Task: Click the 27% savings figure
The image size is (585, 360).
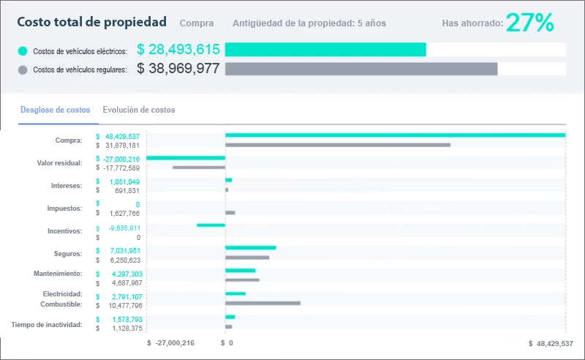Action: point(529,23)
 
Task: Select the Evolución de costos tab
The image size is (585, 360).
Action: point(139,110)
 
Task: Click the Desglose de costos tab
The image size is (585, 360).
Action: point(56,110)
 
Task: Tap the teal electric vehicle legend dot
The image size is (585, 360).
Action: point(23,51)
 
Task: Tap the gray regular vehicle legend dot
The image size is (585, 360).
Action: point(23,70)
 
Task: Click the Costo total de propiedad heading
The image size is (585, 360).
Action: point(91,23)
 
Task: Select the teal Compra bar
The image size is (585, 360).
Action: point(395,135)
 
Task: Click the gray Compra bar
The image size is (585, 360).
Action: point(338,145)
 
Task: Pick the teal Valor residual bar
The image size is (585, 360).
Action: point(186,158)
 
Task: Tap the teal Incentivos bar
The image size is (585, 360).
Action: point(211,225)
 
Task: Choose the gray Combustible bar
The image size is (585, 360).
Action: point(263,303)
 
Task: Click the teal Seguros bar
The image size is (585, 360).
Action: point(250,247)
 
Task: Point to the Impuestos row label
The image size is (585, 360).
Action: point(64,208)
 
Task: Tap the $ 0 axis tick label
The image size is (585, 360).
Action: point(227,342)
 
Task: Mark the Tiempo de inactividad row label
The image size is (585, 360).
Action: point(47,323)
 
